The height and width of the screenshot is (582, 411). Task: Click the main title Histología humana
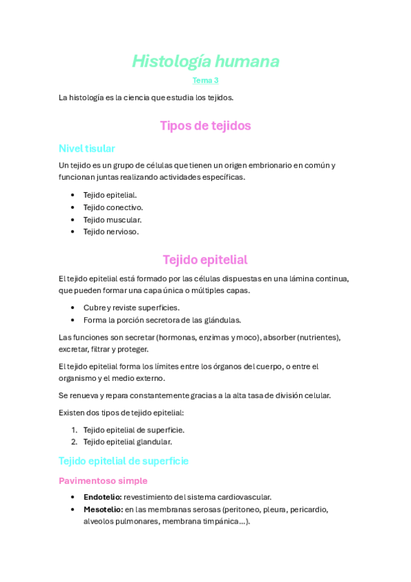(x=205, y=62)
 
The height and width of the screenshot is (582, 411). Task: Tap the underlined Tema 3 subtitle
(x=205, y=81)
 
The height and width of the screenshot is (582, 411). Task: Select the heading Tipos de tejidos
(x=205, y=126)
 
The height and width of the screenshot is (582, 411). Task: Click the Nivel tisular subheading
(x=86, y=148)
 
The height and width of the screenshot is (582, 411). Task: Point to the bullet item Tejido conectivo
(x=113, y=207)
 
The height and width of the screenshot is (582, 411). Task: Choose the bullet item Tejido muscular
(x=113, y=220)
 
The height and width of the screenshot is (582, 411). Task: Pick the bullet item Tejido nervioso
(x=111, y=232)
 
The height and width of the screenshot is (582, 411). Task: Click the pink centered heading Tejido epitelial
(x=205, y=259)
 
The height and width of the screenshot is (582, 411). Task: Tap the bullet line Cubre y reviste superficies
(x=131, y=307)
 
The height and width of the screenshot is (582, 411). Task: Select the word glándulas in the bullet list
(x=223, y=320)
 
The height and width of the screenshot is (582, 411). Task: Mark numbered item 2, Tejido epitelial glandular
(x=128, y=442)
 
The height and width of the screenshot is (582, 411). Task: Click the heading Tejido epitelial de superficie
(x=124, y=461)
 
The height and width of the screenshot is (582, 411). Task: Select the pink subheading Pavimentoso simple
(x=103, y=480)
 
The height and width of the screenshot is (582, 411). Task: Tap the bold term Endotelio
(x=102, y=497)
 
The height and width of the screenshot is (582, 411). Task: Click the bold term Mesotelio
(x=102, y=509)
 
